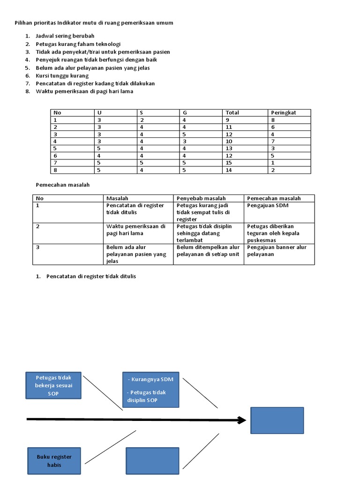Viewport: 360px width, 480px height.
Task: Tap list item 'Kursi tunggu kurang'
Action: [62, 75]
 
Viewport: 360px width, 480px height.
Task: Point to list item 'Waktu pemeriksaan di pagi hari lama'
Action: [84, 91]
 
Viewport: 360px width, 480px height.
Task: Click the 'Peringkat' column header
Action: [283, 112]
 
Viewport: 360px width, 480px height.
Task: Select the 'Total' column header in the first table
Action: [232, 112]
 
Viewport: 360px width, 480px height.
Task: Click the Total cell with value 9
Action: [227, 120]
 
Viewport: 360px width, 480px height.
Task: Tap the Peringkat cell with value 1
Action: [273, 163]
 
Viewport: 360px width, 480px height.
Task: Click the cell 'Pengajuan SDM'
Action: [265, 205]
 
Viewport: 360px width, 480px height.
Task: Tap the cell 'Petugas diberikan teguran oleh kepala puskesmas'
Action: [274, 233]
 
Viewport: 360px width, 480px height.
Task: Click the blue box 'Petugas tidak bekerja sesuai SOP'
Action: [53, 385]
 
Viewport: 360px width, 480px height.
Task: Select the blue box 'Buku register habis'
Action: [54, 461]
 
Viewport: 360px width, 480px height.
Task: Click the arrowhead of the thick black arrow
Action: [242, 420]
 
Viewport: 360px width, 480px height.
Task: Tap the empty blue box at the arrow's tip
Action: [277, 420]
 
